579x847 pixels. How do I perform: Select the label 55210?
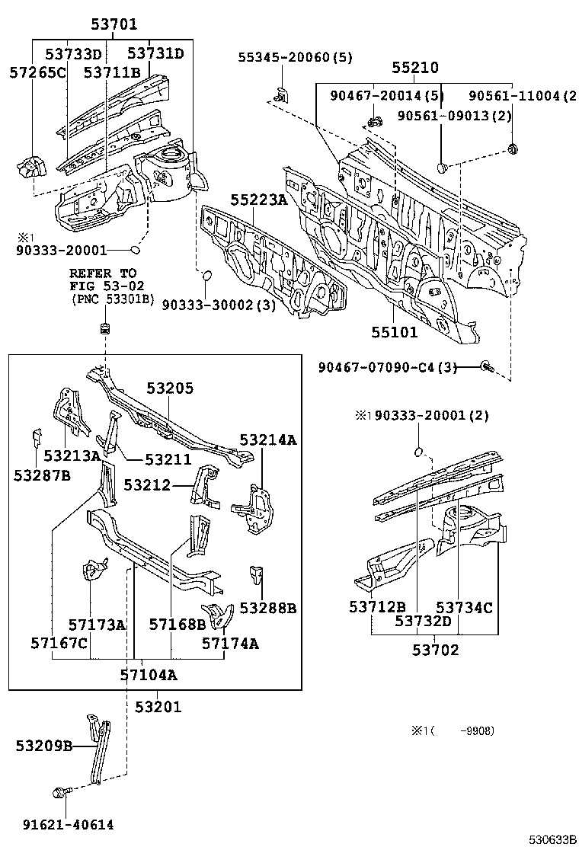(415, 68)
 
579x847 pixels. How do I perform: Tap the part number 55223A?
(259, 200)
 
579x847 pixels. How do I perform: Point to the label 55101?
(395, 332)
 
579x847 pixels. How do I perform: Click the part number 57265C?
(37, 72)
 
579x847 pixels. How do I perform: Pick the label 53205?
(170, 388)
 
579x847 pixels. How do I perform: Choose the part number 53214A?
(267, 439)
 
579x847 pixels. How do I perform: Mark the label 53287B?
(42, 475)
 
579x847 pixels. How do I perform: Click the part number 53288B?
(267, 607)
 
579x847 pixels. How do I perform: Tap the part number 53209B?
(43, 746)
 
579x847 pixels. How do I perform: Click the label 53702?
(436, 650)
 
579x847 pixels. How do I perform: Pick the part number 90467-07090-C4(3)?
(388, 367)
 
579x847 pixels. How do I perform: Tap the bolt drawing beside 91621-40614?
(60, 793)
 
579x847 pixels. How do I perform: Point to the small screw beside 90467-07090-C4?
(487, 367)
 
